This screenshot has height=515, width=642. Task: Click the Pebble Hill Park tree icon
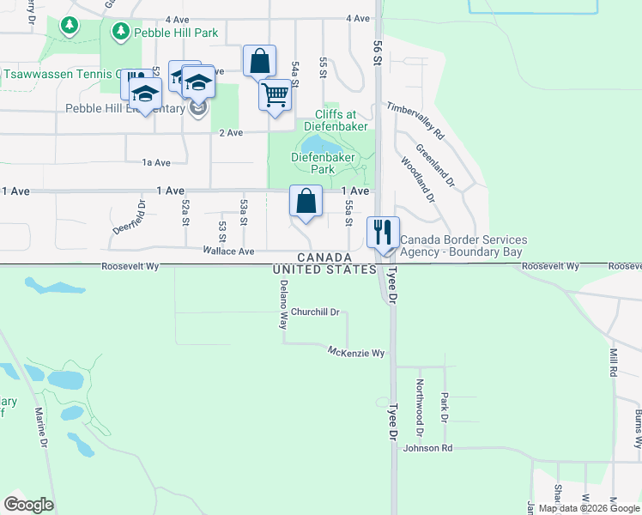[120, 32]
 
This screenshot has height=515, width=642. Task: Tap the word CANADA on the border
[324, 257]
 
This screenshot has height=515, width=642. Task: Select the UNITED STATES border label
[324, 270]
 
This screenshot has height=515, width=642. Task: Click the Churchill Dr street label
[315, 312]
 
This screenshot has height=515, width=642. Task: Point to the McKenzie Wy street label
[356, 352]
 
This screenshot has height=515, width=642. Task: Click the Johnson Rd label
[427, 448]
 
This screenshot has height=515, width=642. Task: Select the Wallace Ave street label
[228, 251]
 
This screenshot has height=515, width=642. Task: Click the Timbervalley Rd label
[415, 121]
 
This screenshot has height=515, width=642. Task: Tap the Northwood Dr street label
[420, 401]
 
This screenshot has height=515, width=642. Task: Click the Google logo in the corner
[28, 505]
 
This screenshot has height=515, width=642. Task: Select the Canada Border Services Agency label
[463, 246]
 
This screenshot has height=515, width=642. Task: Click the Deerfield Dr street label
[130, 218]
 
